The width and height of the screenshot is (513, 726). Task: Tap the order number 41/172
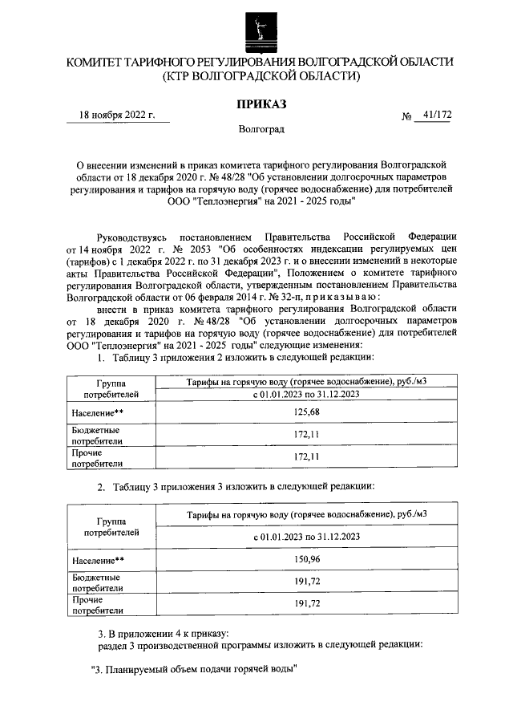pos(437,116)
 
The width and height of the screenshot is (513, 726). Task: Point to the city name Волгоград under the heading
pos(261,129)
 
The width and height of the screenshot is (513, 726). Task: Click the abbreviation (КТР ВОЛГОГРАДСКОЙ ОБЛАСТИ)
pos(260,76)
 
